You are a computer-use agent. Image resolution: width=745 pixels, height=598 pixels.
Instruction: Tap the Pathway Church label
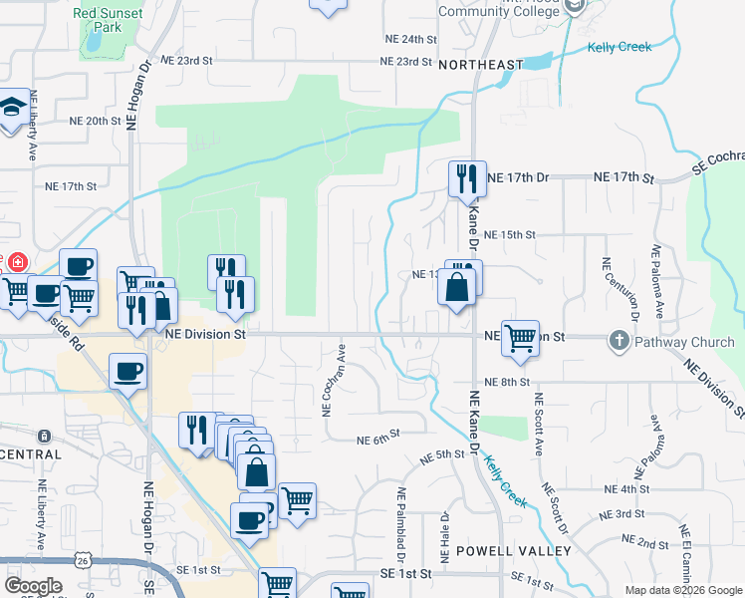pos(680,342)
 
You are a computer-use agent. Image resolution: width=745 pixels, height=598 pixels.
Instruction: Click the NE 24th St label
pos(411,39)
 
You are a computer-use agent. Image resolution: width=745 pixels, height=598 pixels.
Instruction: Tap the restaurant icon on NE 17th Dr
pos(467,179)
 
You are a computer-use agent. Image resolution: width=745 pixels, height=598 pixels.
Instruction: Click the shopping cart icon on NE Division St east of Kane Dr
pos(520,338)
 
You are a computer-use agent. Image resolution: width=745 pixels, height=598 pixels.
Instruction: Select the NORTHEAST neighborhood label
pos(480,65)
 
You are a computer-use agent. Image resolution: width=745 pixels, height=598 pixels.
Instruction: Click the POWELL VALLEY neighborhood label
pos(513,551)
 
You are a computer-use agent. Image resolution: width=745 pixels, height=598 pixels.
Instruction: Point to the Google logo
pos(33,586)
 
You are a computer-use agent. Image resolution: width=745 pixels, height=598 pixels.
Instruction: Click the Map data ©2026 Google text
pos(682,590)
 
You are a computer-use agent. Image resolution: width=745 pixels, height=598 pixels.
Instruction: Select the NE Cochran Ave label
pos(326,380)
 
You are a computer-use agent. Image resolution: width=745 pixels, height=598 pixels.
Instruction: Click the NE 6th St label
pos(377,436)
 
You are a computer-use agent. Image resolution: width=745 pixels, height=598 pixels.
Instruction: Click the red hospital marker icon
pos(16,263)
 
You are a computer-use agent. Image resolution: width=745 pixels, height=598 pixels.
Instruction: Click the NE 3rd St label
pos(623,515)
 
